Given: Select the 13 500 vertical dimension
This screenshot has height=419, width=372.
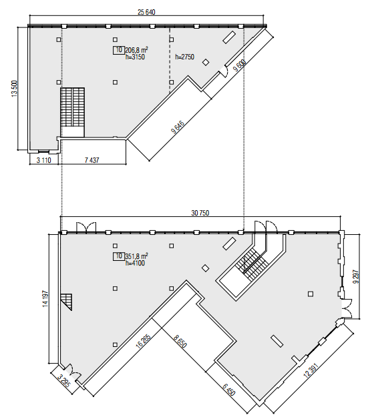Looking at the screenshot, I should point(14,89).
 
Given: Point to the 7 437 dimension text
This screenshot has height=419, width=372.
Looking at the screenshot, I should point(94,161).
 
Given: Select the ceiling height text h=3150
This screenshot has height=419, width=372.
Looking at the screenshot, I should point(136,57).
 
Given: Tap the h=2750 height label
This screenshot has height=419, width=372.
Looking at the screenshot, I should point(184,58).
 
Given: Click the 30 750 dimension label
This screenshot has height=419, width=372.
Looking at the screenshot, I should point(201,214).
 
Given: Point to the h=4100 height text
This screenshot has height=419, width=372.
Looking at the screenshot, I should point(136,263).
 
